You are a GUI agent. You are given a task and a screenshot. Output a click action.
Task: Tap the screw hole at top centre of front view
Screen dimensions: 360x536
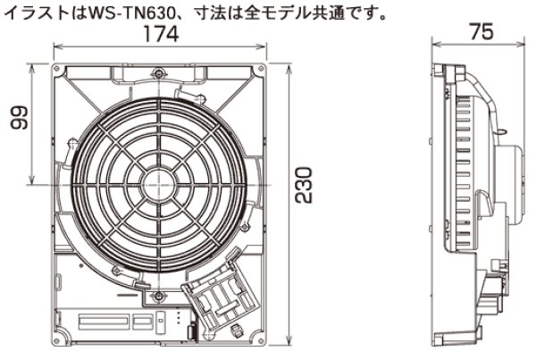[158, 72]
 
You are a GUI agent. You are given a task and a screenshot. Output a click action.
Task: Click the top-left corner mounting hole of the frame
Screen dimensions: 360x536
[58, 71]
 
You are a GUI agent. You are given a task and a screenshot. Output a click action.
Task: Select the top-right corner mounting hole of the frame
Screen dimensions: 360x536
[259, 71]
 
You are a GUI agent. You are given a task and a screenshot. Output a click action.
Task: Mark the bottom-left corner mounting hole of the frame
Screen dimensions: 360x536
[58, 338]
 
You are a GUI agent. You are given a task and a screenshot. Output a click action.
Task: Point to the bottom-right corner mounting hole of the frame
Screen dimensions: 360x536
[259, 338]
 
